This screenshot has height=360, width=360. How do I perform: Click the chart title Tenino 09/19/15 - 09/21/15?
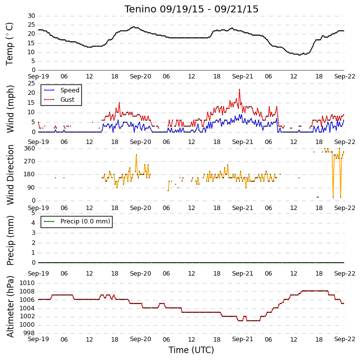click(191, 9)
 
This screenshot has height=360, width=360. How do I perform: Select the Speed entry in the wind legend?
click(70, 90)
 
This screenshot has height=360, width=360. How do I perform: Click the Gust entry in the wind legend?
click(67, 99)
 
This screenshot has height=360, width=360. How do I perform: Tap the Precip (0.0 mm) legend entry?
click(85, 221)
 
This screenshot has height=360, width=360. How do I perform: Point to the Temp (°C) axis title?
click(9, 44)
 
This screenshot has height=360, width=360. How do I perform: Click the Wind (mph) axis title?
click(10, 109)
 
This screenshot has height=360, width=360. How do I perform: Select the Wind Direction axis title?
click(10, 175)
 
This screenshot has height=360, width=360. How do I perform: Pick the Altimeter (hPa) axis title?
click(10, 306)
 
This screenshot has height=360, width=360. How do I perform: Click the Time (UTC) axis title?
click(191, 350)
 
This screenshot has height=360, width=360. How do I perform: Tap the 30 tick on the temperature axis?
click(31, 16)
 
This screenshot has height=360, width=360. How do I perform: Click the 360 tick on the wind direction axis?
click(30, 148)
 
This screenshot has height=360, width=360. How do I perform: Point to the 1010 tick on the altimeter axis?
click(27, 283)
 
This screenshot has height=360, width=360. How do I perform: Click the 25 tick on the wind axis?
click(31, 83)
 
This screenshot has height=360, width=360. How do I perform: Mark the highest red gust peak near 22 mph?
click(240, 89)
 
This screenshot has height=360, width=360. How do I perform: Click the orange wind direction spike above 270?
click(136, 155)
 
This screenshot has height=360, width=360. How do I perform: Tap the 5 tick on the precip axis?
click(34, 213)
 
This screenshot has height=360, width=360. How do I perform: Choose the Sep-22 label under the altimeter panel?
click(345, 339)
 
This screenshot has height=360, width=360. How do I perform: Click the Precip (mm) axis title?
click(10, 241)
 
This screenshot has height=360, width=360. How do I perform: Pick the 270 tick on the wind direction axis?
click(30, 161)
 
